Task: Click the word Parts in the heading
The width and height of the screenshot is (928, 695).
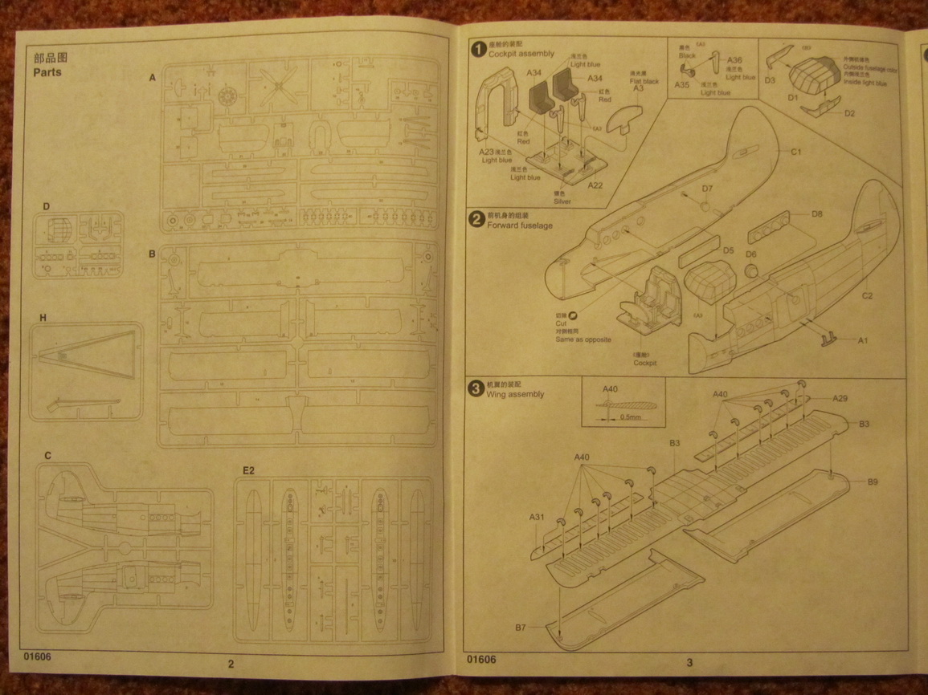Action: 47,71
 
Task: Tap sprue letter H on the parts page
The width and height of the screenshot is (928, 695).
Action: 43,318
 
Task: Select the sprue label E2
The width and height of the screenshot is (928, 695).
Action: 248,469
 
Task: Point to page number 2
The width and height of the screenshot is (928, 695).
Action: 231,663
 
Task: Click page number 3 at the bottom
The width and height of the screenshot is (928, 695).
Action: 689,662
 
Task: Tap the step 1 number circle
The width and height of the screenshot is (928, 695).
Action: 477,49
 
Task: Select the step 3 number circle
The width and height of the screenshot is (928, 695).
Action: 476,389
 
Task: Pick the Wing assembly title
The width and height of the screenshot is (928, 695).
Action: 516,394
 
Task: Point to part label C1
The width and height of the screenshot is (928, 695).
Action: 797,152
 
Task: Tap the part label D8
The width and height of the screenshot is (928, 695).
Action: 816,214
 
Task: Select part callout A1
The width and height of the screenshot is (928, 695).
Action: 863,340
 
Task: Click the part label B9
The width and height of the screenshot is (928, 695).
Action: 873,482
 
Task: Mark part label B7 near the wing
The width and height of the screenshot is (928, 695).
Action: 521,628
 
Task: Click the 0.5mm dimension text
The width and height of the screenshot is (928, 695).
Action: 632,417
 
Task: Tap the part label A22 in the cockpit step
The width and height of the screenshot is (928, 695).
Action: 595,185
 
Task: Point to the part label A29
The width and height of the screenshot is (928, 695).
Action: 840,398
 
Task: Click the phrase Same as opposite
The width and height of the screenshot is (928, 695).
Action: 583,339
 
